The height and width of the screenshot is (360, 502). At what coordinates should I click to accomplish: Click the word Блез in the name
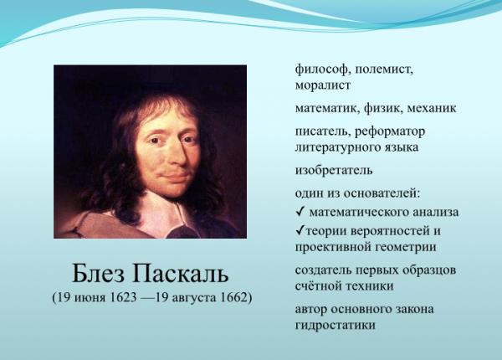98,274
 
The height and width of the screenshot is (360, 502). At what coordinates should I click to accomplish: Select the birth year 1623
123,297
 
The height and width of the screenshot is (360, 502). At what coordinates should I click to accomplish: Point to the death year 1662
234,297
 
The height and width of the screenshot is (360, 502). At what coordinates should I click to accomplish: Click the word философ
321,69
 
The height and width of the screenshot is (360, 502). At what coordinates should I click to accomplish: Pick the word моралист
323,85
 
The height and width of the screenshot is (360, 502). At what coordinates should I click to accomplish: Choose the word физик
383,108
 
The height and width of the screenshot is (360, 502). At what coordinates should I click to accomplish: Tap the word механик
432,108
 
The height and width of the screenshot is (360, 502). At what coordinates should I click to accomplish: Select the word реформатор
390,131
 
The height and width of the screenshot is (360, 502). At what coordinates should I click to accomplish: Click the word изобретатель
334,170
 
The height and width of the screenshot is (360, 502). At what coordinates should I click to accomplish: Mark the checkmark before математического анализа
300,211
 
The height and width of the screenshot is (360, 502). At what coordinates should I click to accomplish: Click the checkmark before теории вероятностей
300,230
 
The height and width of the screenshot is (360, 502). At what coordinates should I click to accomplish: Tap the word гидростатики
336,326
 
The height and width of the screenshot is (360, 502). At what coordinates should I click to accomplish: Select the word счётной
318,285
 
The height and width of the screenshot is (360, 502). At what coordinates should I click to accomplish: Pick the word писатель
322,131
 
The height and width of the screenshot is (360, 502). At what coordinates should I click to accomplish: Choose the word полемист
384,69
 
